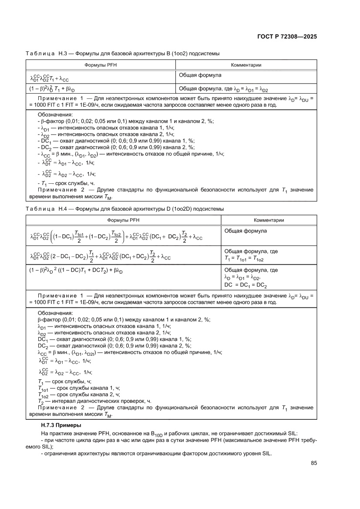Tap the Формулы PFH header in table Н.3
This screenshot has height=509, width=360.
[101, 65]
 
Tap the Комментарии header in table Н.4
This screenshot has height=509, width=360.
[269, 220]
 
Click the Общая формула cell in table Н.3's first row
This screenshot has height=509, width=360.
[200, 75]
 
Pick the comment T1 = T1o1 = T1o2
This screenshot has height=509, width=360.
[246, 258]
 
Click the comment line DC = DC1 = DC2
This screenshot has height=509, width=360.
[246, 285]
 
